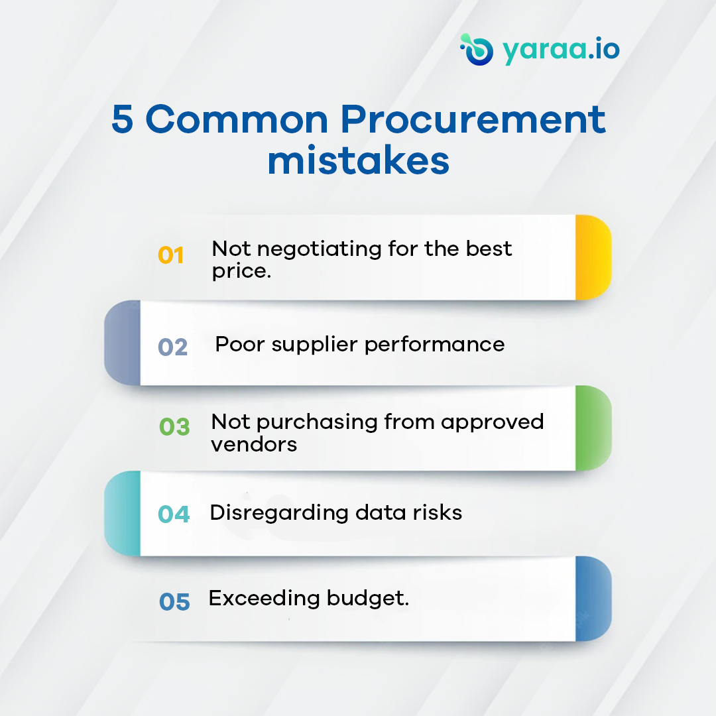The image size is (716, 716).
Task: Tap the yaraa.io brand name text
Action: click(561, 50)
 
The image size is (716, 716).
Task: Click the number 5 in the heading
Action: click(122, 120)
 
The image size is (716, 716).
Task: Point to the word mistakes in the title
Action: click(358, 161)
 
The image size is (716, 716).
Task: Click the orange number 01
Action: click(171, 255)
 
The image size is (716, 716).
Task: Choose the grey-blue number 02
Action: click(172, 347)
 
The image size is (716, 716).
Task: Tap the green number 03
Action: click(174, 426)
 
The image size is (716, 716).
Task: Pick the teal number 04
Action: click(174, 514)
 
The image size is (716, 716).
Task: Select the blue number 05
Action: click(174, 601)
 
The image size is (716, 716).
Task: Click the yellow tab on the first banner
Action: click(592, 257)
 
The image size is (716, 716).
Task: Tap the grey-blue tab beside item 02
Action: click(123, 343)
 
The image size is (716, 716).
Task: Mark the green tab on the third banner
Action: click(593, 428)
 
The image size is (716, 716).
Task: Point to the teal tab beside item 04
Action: click(123, 513)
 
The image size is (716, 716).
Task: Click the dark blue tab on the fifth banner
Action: click(593, 599)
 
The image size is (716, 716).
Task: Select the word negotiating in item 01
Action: click(314, 250)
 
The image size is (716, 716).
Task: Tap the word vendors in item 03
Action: click(254, 444)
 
